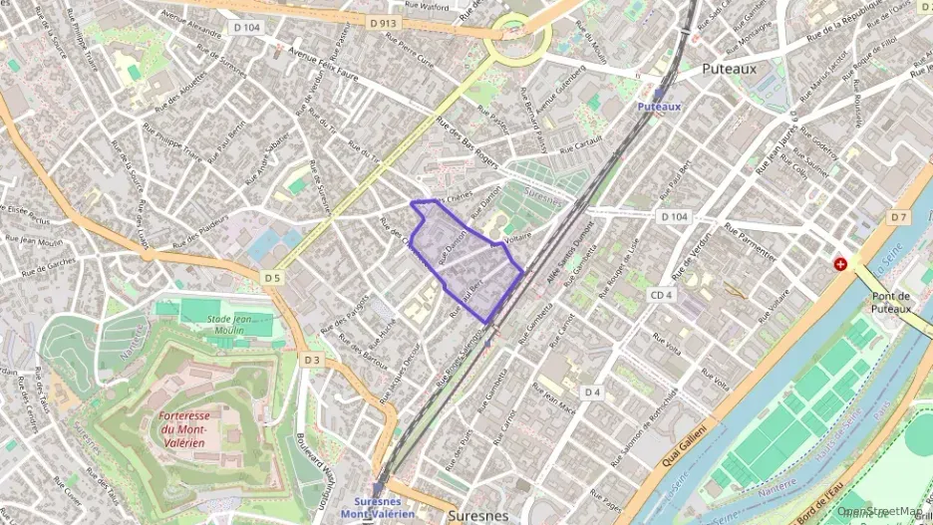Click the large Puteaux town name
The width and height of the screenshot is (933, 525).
click(729, 69)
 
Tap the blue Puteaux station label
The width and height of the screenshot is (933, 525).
click(659, 105)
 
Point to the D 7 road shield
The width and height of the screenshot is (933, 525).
click(899, 216)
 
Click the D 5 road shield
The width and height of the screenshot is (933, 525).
click(273, 277)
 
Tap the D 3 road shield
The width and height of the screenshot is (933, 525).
click(313, 360)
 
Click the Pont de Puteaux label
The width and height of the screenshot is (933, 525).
click(890, 302)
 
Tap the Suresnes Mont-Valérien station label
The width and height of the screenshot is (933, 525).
click(377, 508)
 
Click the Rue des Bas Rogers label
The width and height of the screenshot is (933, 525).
click(467, 139)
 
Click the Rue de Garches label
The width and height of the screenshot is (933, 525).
click(48, 264)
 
